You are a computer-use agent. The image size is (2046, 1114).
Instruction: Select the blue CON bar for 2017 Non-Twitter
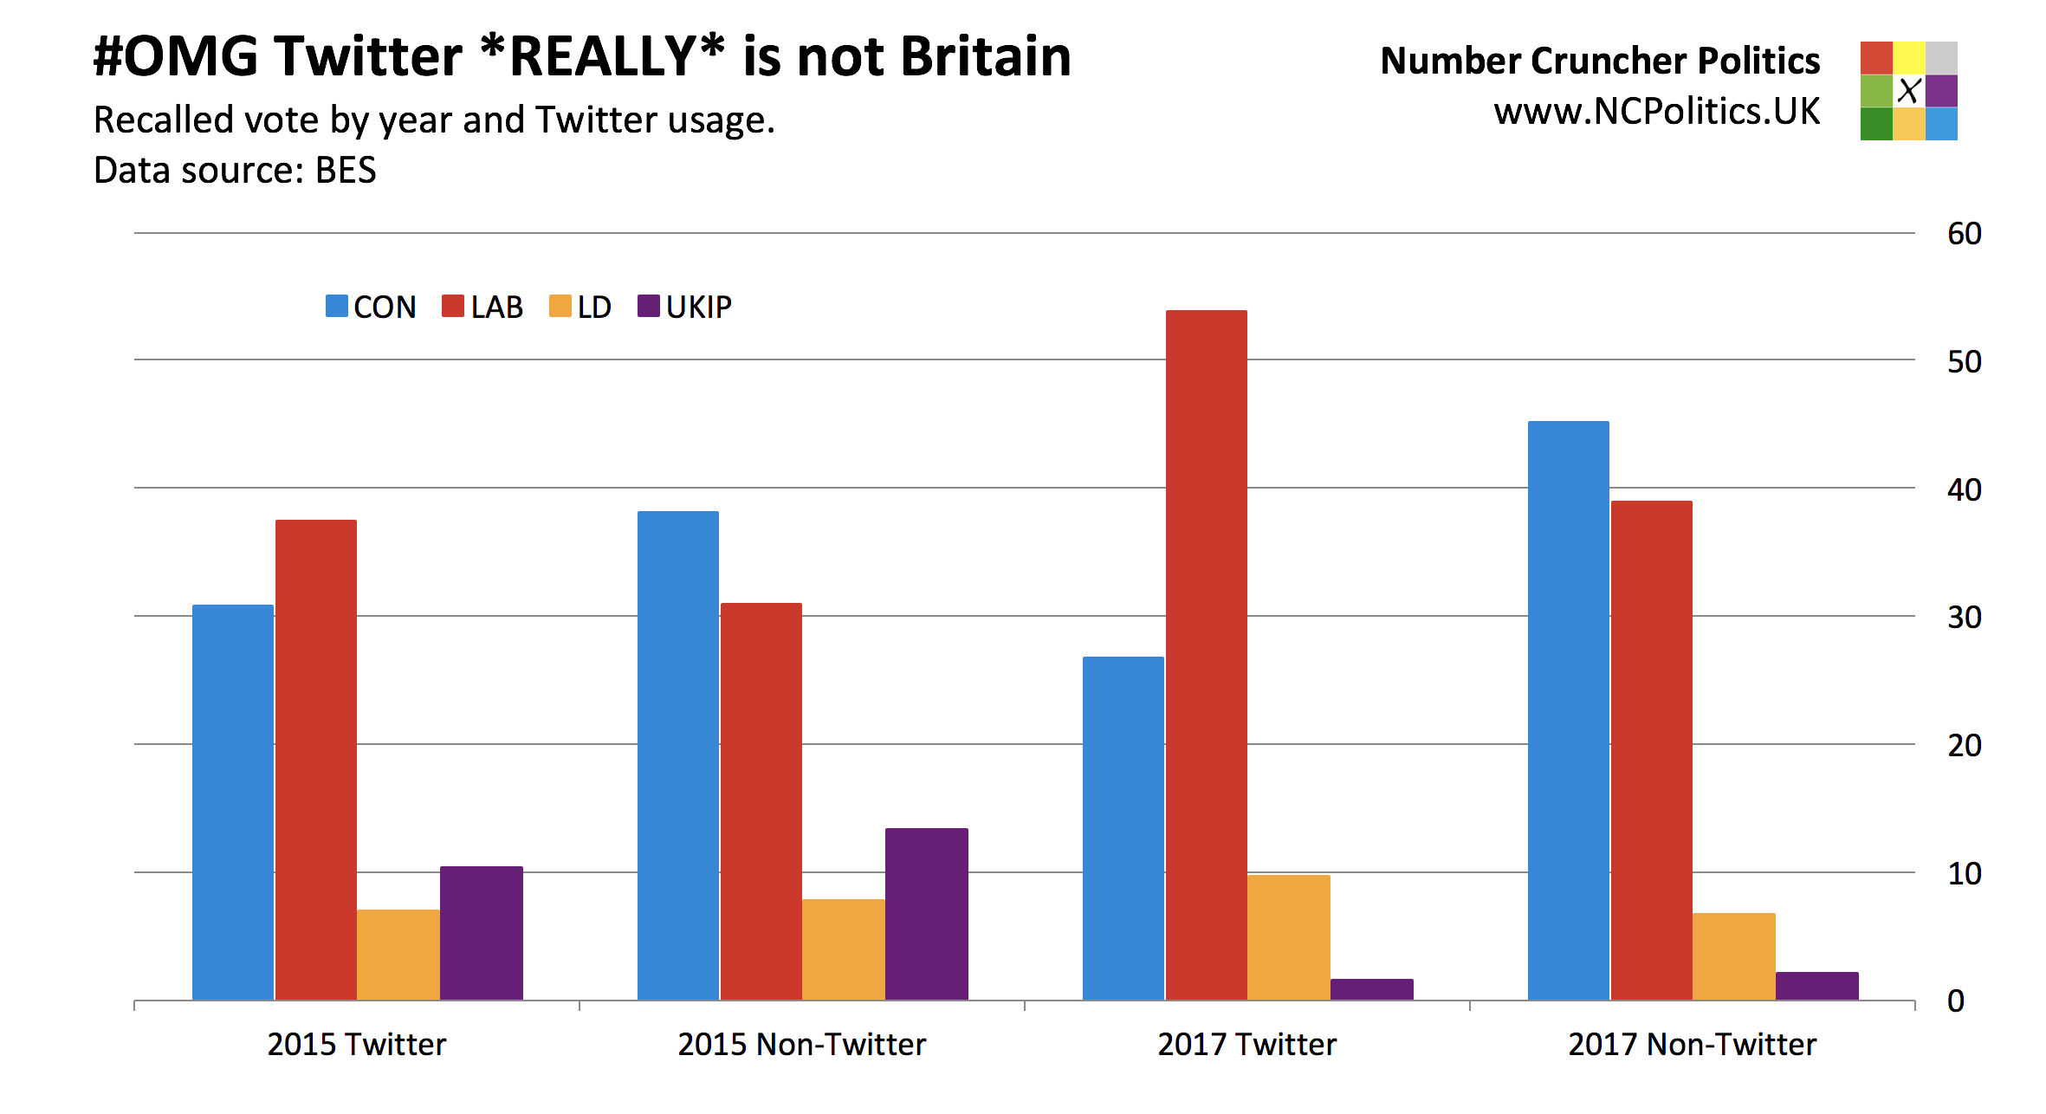coord(1568,710)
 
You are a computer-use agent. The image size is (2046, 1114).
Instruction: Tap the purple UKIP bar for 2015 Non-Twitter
coord(926,914)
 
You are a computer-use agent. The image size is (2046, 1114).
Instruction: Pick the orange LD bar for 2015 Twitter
coord(398,955)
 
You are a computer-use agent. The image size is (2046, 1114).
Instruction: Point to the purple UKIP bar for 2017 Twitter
coord(1371,989)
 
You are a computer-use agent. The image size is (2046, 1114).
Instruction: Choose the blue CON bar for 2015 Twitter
coord(232,802)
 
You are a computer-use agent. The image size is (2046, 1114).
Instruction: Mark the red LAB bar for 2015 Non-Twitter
coord(761,801)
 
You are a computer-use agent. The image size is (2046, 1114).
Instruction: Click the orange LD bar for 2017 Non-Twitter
coord(1733,956)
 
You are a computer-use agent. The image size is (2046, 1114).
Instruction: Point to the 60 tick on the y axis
coord(1964,234)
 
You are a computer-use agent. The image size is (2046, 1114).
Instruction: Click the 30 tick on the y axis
coord(1964,618)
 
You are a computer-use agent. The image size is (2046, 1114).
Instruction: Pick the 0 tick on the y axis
coord(1955,1001)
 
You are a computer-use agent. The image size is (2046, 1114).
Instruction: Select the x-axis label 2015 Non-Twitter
coord(801,1045)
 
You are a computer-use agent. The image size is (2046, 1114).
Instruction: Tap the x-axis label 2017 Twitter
coord(1246,1045)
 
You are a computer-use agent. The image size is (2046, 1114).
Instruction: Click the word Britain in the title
coord(986,57)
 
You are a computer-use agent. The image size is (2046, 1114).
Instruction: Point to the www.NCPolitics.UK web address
coord(1656,112)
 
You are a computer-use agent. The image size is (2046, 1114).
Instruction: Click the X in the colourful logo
coord(1908,90)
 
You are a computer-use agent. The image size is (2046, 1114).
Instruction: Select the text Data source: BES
coord(235,171)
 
